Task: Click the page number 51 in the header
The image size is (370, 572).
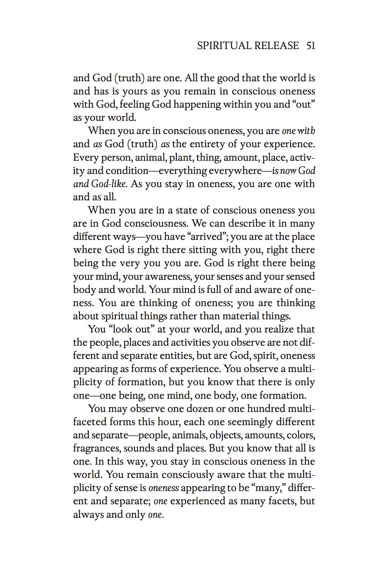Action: click(x=311, y=46)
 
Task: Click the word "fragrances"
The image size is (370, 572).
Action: click(x=97, y=449)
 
